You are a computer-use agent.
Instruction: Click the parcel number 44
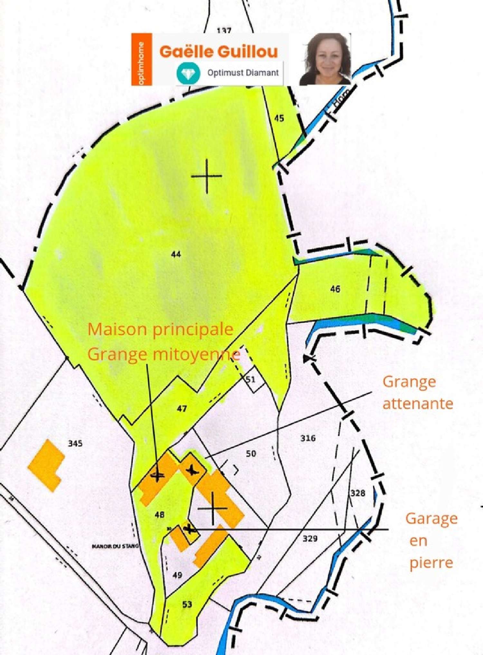(x=176, y=254)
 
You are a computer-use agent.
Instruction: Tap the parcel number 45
(x=279, y=118)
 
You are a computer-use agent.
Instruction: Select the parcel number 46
(x=335, y=289)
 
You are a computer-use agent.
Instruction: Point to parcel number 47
(x=182, y=409)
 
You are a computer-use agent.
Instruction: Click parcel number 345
(x=75, y=443)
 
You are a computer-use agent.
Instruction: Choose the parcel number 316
(x=308, y=438)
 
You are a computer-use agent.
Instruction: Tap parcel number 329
(x=310, y=538)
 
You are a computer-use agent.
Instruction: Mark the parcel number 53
(x=187, y=604)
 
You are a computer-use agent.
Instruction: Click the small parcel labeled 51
(x=251, y=379)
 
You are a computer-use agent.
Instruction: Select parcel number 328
(x=358, y=493)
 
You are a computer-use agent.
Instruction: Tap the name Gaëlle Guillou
(x=219, y=52)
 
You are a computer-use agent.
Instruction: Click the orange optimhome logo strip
(x=142, y=60)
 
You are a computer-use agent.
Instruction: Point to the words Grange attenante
(x=417, y=393)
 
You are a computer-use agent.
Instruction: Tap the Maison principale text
(x=160, y=329)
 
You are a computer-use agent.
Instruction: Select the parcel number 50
(x=251, y=454)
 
